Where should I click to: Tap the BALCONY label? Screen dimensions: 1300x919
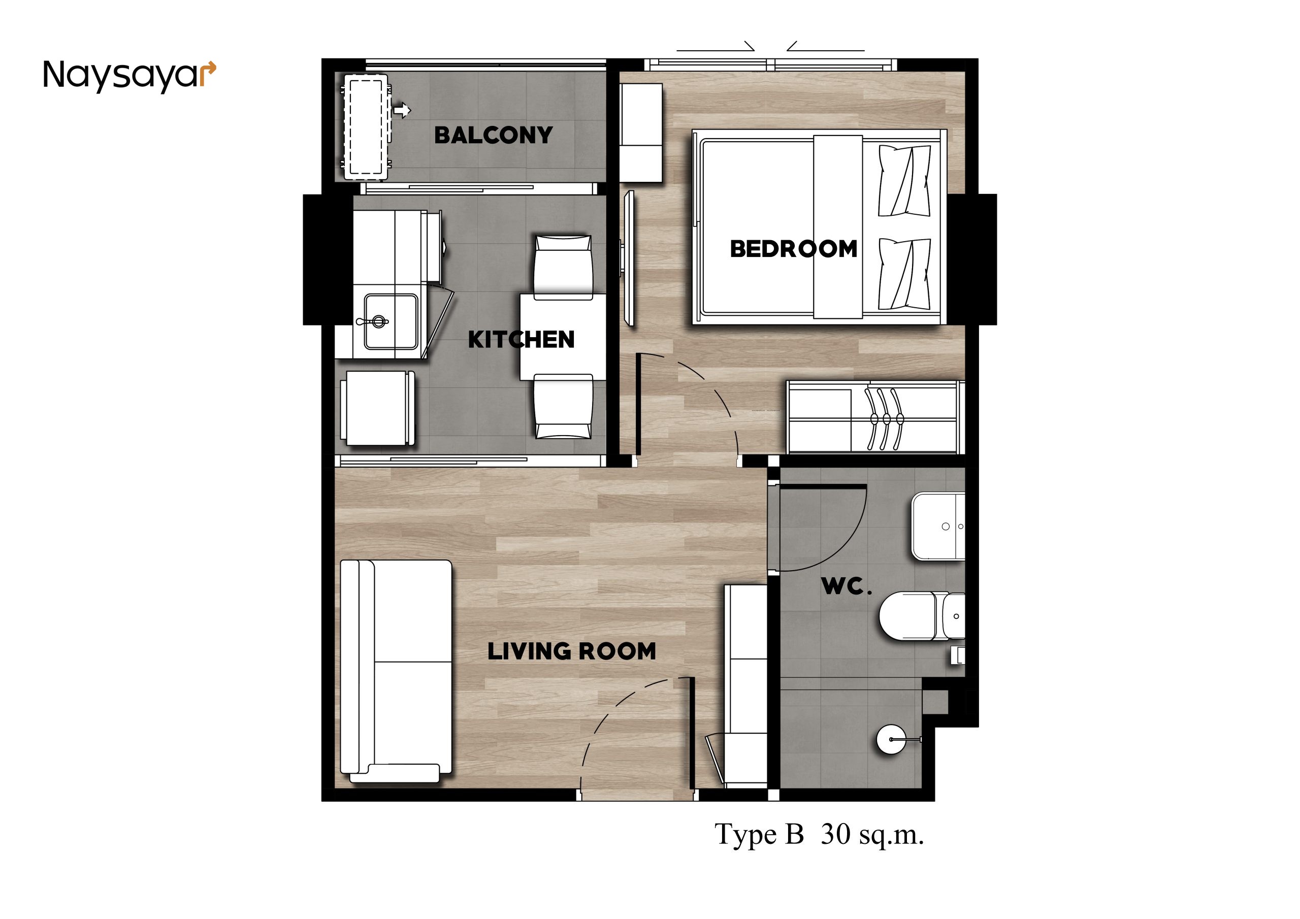(493, 136)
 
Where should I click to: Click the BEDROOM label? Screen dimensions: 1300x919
(793, 249)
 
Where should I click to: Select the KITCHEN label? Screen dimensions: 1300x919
(521, 340)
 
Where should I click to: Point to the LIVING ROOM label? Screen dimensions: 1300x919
(571, 651)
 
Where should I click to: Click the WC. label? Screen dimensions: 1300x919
(847, 586)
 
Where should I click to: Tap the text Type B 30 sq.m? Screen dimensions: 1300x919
(819, 835)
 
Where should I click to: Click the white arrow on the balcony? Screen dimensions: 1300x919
(402, 110)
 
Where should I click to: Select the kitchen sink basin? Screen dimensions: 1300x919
(391, 321)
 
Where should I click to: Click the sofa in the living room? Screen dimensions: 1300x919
(396, 672)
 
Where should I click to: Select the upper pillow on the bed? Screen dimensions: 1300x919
(904, 181)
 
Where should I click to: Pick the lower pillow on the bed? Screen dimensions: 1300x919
(904, 274)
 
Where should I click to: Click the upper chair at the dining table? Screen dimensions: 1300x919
(563, 267)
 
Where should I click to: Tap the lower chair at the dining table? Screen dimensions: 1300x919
(563, 406)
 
